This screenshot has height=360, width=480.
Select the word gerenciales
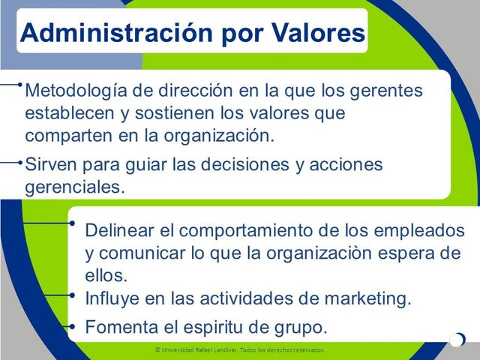point(72,187)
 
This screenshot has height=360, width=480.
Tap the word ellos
point(105,274)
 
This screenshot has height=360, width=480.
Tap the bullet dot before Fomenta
point(72,326)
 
